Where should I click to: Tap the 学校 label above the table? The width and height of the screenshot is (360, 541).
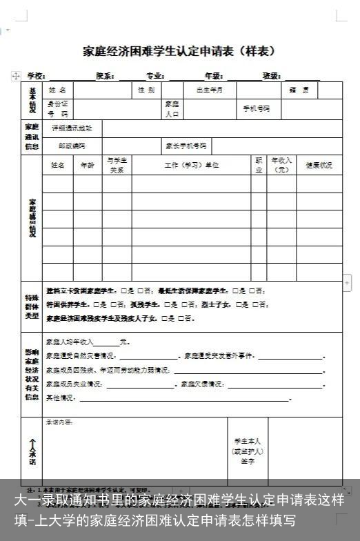click(x=36, y=76)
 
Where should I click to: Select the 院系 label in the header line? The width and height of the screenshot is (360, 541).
click(x=105, y=76)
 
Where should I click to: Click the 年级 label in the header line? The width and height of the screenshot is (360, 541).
click(x=213, y=76)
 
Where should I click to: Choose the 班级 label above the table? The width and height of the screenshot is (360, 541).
click(x=271, y=76)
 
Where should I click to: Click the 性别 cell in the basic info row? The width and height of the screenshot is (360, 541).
click(x=146, y=90)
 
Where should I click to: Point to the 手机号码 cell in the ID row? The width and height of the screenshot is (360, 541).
click(x=257, y=109)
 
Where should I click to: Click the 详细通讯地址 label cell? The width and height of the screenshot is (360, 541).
click(x=67, y=128)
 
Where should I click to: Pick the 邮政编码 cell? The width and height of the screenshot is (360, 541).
click(x=70, y=146)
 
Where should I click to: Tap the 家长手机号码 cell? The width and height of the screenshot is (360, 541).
click(x=186, y=146)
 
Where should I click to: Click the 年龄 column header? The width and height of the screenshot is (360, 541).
click(x=88, y=166)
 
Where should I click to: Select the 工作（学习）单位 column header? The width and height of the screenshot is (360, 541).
click(x=192, y=166)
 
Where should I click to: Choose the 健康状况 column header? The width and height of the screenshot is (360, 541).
click(x=319, y=166)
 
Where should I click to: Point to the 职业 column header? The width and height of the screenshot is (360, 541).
click(x=259, y=164)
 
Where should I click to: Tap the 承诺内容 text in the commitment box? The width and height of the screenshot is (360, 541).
click(x=59, y=422)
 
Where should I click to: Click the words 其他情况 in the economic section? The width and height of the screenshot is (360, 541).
click(x=60, y=398)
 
